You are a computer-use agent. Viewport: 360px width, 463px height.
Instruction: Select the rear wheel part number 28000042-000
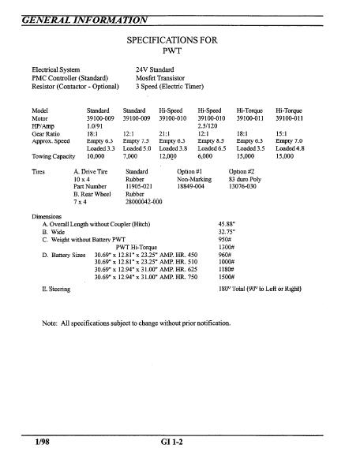144,203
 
